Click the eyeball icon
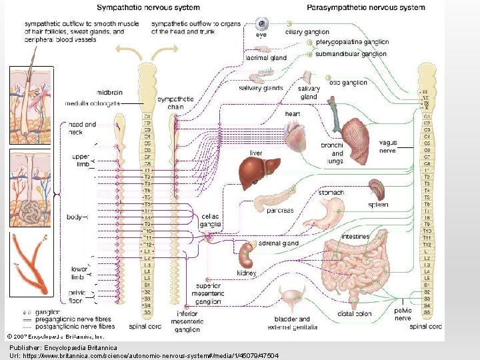pyautogui.click(x=263, y=23)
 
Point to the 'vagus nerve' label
pyautogui.click(x=387, y=147)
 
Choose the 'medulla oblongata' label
pyautogui.click(x=93, y=104)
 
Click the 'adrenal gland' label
pyautogui.click(x=279, y=244)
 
